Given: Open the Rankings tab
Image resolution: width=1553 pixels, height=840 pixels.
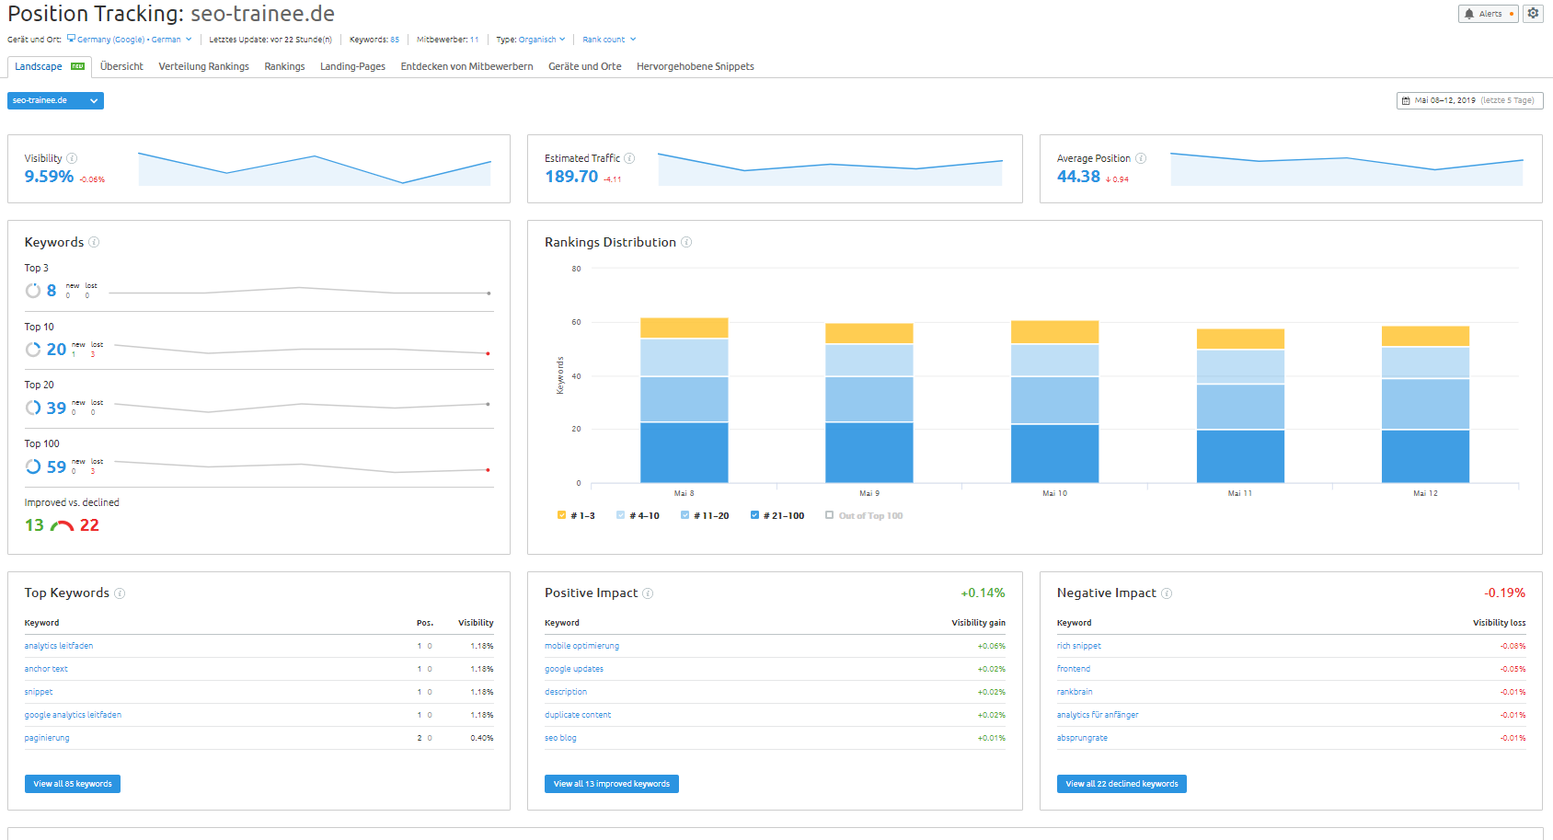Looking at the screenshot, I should click(284, 66).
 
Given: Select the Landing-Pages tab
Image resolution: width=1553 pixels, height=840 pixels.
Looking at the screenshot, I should click(352, 66).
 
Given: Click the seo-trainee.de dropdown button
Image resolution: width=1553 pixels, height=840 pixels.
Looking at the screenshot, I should click(55, 100).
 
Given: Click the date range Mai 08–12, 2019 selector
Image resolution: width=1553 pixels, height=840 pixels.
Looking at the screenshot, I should click(1468, 100).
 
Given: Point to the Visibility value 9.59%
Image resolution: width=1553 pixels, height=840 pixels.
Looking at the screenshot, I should click(49, 177).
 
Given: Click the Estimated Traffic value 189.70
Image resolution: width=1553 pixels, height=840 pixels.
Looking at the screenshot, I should click(571, 177).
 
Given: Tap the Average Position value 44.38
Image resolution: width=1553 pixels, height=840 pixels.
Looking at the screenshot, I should click(1078, 177).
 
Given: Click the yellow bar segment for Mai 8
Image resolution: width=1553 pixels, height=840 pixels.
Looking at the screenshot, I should click(684, 328).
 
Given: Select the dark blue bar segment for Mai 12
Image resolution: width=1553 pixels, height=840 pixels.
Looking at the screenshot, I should click(1425, 455).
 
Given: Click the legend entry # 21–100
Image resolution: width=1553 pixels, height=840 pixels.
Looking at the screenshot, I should click(777, 516).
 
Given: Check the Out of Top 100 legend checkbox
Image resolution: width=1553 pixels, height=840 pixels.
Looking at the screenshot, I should click(830, 515).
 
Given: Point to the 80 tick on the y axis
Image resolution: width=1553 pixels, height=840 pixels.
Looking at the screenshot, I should click(576, 269).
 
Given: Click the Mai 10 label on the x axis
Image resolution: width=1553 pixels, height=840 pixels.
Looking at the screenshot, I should click(1054, 494).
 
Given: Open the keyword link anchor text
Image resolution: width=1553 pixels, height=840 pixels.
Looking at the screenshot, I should click(46, 669).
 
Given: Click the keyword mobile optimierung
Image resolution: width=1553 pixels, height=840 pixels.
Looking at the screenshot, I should click(581, 646).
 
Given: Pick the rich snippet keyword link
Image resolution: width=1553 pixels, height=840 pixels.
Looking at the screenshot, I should click(1078, 646).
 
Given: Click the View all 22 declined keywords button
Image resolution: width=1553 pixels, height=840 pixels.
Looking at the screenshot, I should click(1122, 784).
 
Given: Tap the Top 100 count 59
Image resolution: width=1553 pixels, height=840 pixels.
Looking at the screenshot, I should click(56, 467).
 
